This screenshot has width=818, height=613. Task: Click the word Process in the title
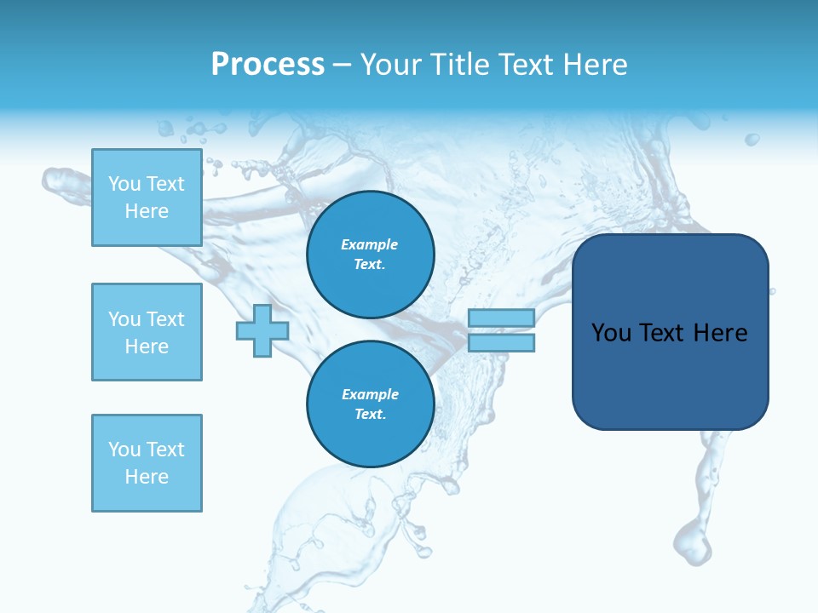[268, 65]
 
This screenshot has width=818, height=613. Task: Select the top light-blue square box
[147, 198]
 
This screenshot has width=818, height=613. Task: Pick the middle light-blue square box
[147, 332]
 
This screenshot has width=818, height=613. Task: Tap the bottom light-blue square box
[147, 463]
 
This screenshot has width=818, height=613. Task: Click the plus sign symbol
[262, 331]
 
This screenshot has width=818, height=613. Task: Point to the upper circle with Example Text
[371, 255]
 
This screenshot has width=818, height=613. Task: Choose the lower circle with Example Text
[371, 404]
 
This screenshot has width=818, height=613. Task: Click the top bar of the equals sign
[501, 318]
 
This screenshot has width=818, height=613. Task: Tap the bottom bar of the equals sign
[501, 343]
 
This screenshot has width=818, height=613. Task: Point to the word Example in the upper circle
[370, 244]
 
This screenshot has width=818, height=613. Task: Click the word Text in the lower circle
[369, 415]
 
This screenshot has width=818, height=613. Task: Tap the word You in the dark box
[611, 333]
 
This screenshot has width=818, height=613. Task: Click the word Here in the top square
[147, 211]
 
